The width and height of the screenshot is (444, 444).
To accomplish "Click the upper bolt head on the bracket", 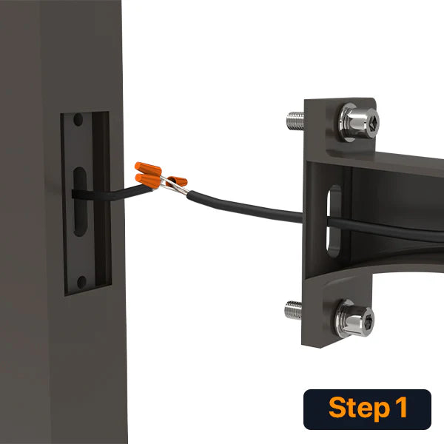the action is coord(359,122).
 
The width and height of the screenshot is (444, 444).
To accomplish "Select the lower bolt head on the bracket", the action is coord(354,319).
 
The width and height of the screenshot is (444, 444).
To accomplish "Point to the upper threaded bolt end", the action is coord(295,121).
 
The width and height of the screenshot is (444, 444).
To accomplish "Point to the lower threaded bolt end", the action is coord(293,310).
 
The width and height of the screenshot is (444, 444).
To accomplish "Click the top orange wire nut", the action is coord(148,169).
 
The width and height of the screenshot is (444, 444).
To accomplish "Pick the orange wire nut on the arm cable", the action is coord(176,181).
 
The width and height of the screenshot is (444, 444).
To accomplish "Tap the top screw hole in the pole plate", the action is coord(78,119).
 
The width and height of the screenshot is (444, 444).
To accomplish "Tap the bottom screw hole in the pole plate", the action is coord(81,283).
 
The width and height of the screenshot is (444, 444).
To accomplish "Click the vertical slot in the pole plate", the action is coord(80,201).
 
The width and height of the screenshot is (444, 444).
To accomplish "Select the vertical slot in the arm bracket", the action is coord(334,221).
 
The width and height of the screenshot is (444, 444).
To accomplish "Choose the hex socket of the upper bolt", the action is coord(374,123).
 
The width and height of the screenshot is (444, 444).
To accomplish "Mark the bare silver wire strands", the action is coord(173,186).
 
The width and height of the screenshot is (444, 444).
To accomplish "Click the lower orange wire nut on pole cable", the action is coord(148,181).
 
